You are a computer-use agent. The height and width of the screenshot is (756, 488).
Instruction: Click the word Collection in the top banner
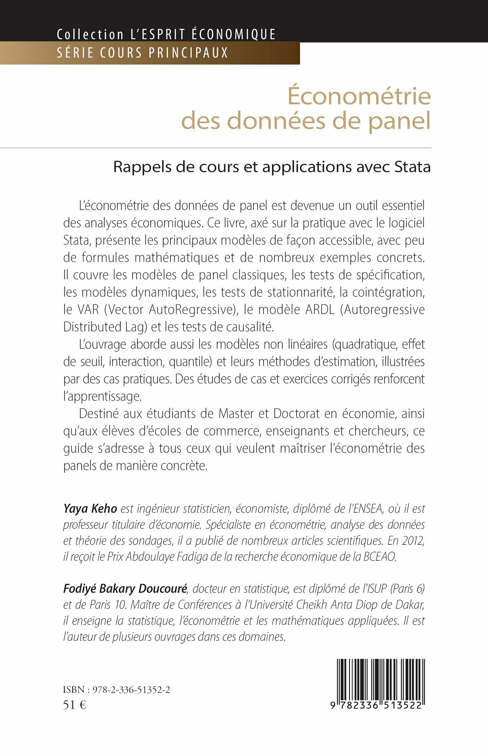click(x=90, y=34)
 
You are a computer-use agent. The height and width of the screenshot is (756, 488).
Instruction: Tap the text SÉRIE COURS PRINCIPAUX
click(x=142, y=53)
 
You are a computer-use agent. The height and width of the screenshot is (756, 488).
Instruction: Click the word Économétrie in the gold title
click(x=359, y=96)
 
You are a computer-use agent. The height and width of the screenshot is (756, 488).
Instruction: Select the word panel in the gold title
click(x=399, y=121)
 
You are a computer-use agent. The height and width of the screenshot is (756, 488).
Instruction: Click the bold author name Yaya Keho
click(x=90, y=509)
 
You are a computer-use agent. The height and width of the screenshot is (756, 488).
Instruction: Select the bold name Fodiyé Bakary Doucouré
click(x=125, y=589)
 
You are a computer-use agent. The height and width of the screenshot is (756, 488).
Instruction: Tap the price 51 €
click(x=74, y=705)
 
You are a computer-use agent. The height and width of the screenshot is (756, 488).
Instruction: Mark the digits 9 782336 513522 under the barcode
click(x=376, y=705)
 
